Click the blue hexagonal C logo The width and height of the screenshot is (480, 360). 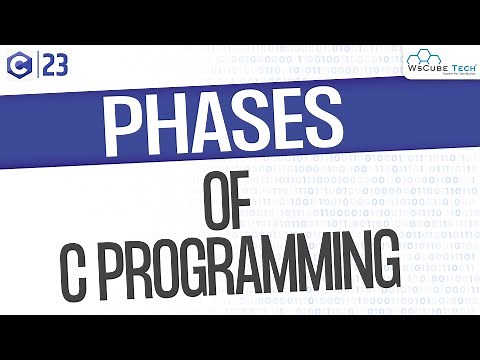pos(20,67)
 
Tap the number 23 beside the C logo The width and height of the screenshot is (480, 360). pos(57,67)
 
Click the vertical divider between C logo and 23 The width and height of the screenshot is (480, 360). pos(38,67)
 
